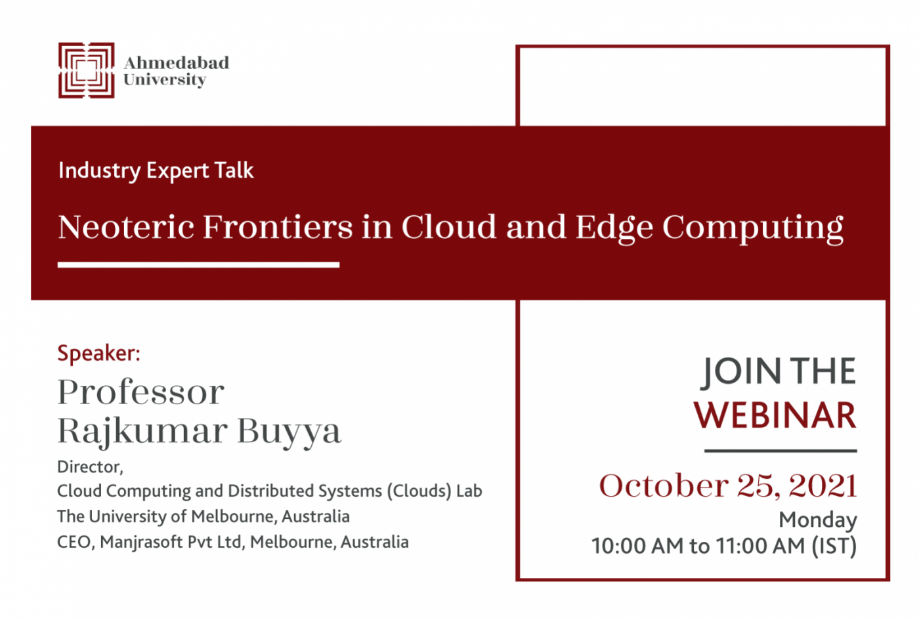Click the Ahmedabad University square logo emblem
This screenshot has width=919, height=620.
[86, 70]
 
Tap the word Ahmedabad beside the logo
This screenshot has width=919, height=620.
[177, 63]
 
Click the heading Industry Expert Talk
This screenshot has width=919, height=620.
[156, 171]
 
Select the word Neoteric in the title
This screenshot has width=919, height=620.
[126, 227]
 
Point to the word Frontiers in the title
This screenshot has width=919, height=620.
[278, 227]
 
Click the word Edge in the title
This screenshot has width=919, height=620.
[614, 228]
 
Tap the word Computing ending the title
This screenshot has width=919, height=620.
[753, 228]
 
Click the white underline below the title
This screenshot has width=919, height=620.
[198, 265]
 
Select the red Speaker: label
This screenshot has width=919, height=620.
[99, 353]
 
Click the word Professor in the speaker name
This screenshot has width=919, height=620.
[140, 392]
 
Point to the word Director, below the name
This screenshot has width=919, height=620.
[91, 467]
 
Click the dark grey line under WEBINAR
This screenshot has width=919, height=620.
[780, 451]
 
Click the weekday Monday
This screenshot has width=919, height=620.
[818, 520]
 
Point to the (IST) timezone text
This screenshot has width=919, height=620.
[834, 546]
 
